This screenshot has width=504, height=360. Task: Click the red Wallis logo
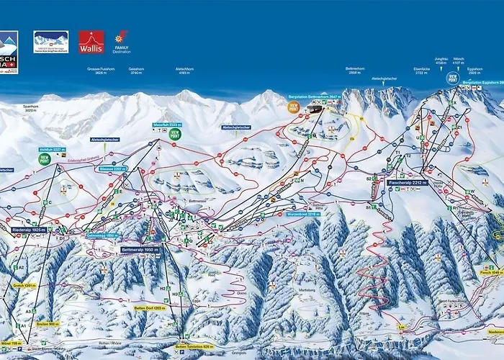click(91, 42)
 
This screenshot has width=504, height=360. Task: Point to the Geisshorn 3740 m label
click(137, 71)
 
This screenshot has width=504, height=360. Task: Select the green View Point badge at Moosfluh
click(175, 133)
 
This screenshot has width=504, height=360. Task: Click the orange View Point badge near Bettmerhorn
click(293, 107)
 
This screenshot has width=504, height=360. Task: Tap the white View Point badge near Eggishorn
click(452, 77)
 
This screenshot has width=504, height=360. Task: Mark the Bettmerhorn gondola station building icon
click(315, 108)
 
